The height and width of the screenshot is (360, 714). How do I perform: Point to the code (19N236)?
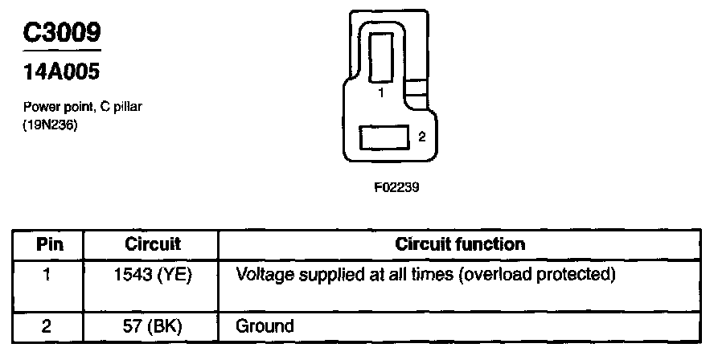51,125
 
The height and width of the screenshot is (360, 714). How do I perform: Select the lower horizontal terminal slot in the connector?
384,137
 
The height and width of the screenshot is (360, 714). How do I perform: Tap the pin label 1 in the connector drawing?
381,93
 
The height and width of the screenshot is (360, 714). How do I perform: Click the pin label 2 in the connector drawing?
421,137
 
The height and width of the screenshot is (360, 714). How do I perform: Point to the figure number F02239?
397,187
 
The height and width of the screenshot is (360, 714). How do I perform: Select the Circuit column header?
153,244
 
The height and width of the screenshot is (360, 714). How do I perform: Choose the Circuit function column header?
460,244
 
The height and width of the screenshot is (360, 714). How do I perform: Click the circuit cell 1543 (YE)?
154,275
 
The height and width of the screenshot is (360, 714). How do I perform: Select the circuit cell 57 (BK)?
154,326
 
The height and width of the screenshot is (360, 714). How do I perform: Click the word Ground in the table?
265,326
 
